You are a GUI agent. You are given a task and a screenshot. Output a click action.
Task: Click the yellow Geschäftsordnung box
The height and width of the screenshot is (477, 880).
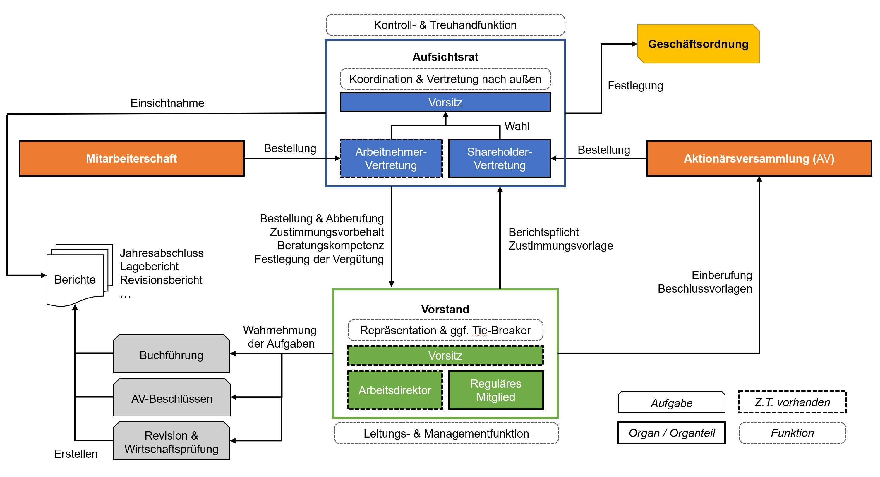pos(698,44)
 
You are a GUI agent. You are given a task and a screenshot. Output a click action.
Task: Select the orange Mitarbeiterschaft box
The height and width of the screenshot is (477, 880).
pos(131,159)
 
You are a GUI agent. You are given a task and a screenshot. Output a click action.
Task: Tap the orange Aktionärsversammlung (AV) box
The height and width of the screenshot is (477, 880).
pos(759,159)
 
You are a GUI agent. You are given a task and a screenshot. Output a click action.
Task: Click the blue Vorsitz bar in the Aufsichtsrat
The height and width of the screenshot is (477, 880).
pos(445,102)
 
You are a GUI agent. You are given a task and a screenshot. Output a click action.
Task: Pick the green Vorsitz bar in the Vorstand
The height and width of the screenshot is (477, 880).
pos(445,355)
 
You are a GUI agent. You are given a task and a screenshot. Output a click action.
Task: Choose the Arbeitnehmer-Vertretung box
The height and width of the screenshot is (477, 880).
pos(391,159)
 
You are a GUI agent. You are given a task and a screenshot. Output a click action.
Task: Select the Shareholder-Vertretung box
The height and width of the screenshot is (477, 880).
pos(500,159)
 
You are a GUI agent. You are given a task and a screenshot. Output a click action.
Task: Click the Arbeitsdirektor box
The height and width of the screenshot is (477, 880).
pos(395,390)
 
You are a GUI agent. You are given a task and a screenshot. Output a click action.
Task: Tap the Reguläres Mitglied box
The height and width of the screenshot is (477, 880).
pos(496,390)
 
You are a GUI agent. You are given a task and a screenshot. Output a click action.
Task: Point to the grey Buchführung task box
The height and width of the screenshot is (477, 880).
pos(171,355)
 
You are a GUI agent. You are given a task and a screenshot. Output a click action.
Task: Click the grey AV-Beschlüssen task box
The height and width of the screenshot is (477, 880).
pos(172,398)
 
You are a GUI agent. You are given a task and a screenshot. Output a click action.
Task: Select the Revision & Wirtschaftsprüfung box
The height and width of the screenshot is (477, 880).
pos(171,442)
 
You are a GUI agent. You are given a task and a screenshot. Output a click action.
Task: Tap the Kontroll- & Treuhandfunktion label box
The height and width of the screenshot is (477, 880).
pos(445,25)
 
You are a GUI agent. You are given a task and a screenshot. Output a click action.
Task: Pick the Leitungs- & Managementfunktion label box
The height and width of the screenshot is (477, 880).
pos(446,433)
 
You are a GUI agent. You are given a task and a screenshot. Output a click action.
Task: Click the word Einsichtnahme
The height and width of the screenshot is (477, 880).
pos(167,103)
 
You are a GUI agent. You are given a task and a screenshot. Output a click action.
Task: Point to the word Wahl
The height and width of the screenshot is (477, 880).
pos(517,126)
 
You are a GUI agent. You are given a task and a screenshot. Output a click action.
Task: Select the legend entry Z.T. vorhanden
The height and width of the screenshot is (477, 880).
pos(792,402)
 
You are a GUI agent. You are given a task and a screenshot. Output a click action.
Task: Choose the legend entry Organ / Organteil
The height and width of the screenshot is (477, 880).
pos(672,433)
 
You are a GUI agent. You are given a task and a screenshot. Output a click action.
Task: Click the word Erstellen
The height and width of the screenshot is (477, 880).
pos(76,454)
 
